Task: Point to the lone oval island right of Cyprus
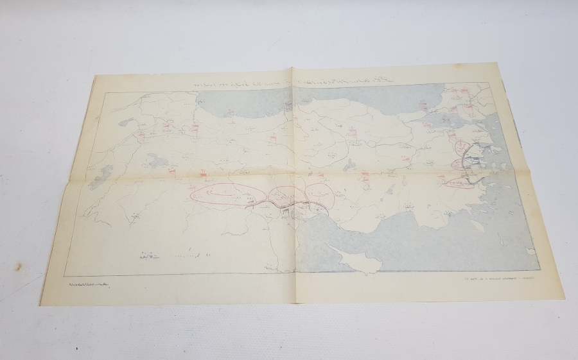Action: point(477,226)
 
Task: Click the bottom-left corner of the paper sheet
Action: point(42,304)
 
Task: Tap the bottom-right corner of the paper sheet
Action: point(564,299)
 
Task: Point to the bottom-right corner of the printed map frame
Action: point(538,270)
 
